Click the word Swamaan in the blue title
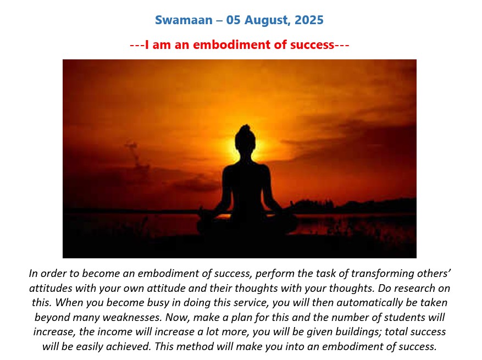(x=184, y=20)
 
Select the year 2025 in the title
(x=309, y=20)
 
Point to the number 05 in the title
(x=234, y=20)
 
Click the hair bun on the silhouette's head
(x=245, y=128)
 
